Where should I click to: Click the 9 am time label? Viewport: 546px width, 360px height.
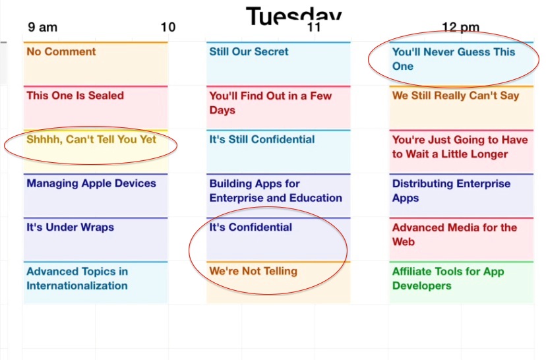tap(42, 27)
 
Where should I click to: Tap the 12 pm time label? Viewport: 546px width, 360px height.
tap(460, 27)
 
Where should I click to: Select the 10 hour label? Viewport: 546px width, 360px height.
tap(168, 27)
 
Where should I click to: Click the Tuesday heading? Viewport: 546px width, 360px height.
tap(293, 16)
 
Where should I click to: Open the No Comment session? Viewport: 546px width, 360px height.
tap(61, 51)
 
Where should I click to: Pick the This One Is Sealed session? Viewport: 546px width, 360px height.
tap(75, 96)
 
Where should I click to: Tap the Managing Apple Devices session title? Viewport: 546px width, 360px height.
tap(91, 183)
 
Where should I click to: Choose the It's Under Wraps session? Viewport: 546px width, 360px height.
tap(71, 227)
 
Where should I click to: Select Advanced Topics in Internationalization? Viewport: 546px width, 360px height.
tap(77, 278)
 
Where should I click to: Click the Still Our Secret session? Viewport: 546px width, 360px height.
tap(249, 51)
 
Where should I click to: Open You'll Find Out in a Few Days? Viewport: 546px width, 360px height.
tap(270, 103)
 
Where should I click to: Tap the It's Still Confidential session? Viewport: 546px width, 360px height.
tap(262, 139)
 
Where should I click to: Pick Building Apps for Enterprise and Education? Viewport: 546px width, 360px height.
tap(276, 191)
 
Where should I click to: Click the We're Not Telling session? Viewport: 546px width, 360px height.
tap(253, 271)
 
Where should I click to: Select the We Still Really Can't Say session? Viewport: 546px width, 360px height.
tap(456, 96)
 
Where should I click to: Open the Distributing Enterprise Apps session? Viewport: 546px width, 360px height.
tap(451, 191)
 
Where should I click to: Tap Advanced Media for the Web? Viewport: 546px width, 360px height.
tap(454, 234)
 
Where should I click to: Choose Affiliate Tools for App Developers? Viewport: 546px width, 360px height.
tap(448, 278)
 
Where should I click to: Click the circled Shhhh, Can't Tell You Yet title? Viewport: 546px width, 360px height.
tap(91, 139)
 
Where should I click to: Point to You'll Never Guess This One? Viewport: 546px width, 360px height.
tap(454, 59)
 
